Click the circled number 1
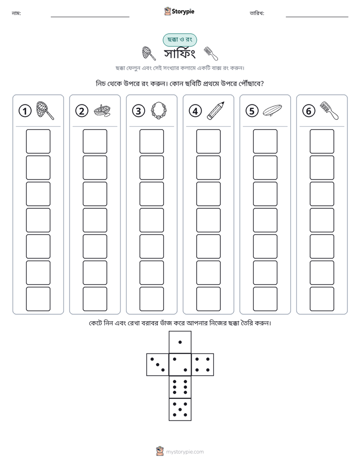(x=25, y=111)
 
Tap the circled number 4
(x=195, y=111)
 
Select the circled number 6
(x=309, y=111)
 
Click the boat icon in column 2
(x=102, y=111)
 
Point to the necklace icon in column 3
(x=159, y=111)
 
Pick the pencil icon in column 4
(x=216, y=110)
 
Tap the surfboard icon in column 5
(x=272, y=110)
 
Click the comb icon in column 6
(x=329, y=110)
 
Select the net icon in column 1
(x=45, y=110)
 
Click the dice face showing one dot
(x=180, y=342)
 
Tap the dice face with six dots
(x=180, y=387)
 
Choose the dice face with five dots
(x=180, y=410)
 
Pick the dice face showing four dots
(x=203, y=365)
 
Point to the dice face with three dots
(x=157, y=365)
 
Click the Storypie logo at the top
(x=179, y=11)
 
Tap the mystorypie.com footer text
(x=185, y=452)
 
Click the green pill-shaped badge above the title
(x=179, y=40)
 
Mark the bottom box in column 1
(x=38, y=299)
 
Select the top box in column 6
(x=322, y=141)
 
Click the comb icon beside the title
(x=211, y=53)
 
